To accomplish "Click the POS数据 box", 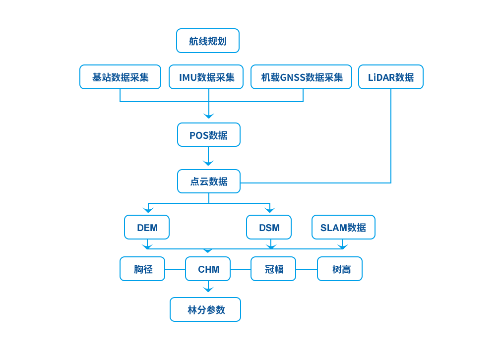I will [208, 135].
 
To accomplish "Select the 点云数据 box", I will [208, 181].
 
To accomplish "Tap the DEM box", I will [147, 228].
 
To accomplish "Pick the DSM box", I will [269, 228].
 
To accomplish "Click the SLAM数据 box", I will [343, 228].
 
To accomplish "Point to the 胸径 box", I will [143, 269].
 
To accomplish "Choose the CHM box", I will [208, 269].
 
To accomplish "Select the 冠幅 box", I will [273, 269].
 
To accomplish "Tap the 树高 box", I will [340, 269].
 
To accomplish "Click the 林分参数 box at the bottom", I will [205, 309].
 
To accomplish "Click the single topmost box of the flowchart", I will [208, 41].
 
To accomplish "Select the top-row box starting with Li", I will [390, 77].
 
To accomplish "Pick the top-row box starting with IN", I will [206, 77].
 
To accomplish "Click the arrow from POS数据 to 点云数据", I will [208, 158].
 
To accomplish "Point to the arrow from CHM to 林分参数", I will [208, 288].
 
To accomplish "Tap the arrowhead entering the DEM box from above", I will [147, 209].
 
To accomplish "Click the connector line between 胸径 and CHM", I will [175, 269].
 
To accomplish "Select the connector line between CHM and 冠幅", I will [241, 269].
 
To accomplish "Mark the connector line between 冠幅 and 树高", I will [307, 269].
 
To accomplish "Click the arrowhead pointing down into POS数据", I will [208, 116].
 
